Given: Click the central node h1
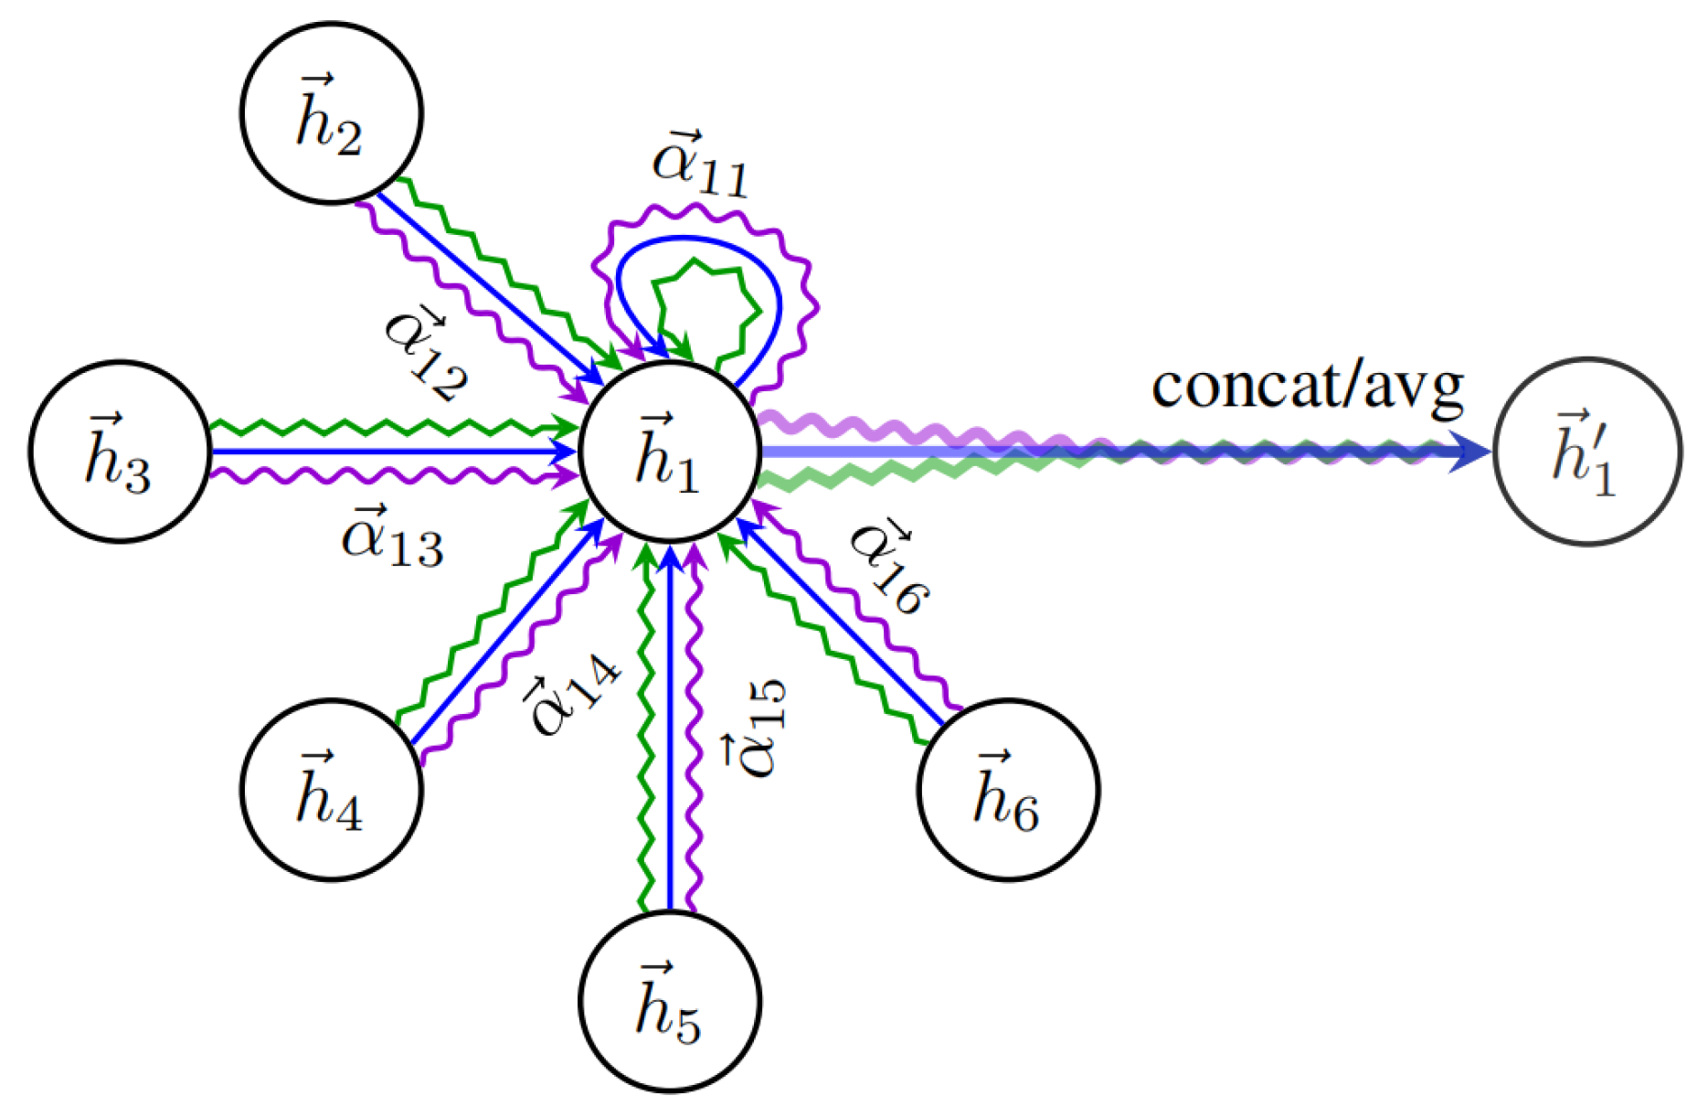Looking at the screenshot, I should pyautogui.click(x=670, y=452).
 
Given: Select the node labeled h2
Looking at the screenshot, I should pyautogui.click(x=332, y=112).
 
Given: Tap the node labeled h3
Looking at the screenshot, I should pyautogui.click(x=120, y=452).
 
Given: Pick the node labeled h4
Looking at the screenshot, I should pyautogui.click(x=332, y=790).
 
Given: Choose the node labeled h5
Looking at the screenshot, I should pyautogui.click(x=670, y=1001).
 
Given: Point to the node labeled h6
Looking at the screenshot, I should pyautogui.click(x=1008, y=790).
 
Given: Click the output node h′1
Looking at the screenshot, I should pyautogui.click(x=1587, y=452).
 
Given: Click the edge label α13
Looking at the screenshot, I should pyautogui.click(x=393, y=538).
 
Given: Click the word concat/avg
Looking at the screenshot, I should pyautogui.click(x=1307, y=386).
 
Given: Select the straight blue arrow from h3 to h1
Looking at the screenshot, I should pyautogui.click(x=384, y=452).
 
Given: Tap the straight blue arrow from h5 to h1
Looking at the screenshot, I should pyautogui.click(x=670, y=731).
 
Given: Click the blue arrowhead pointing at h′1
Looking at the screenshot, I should pyautogui.click(x=1469, y=452).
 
